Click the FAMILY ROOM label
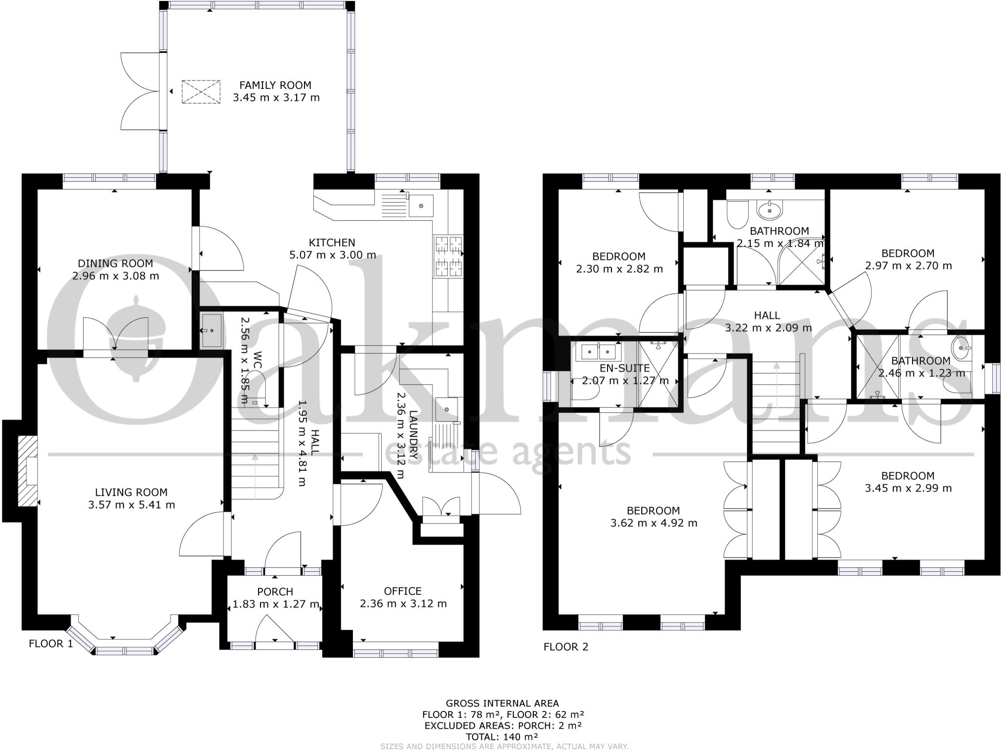(x=275, y=85)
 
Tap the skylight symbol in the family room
(x=201, y=92)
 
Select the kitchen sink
(x=421, y=205)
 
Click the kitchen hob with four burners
(x=449, y=256)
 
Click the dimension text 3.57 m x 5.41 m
(x=131, y=505)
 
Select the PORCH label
(x=275, y=592)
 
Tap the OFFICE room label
(x=403, y=591)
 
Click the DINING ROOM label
(x=116, y=263)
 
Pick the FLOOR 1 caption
(x=51, y=644)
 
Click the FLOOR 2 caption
(x=566, y=647)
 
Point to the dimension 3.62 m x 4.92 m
(x=653, y=523)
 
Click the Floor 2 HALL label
(x=767, y=316)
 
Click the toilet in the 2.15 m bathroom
(x=736, y=215)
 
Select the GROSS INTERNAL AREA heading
(x=502, y=704)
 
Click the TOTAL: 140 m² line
(x=502, y=737)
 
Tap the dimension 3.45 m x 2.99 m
(x=908, y=488)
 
